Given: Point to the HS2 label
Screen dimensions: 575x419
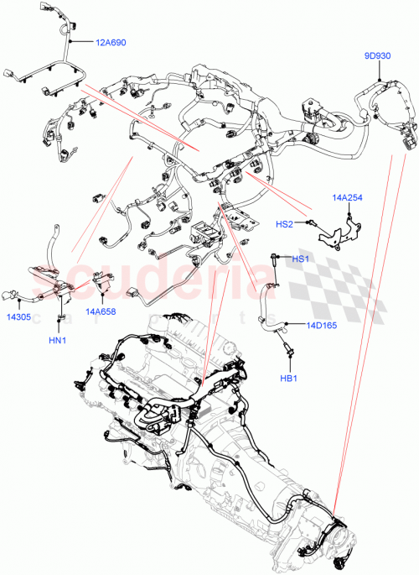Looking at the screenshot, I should coord(284,224).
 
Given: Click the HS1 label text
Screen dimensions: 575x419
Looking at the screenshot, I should coord(300,259).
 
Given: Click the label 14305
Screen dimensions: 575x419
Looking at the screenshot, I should coord(19,317).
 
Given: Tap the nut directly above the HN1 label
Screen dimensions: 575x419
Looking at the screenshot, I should coord(60,317).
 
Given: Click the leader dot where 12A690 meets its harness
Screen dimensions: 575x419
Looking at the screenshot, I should coord(73,41).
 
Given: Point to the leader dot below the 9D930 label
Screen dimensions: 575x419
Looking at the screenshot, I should coord(380,81).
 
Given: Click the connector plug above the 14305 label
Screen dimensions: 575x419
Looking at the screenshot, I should coord(13,295).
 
